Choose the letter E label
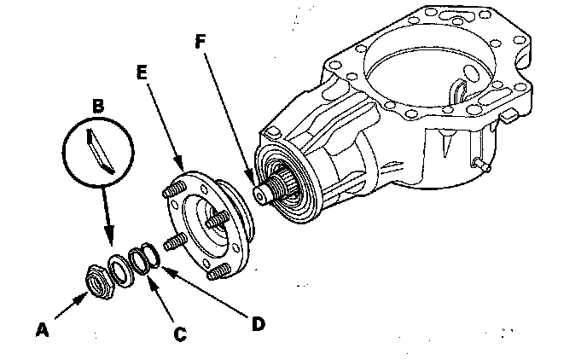(142, 74)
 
